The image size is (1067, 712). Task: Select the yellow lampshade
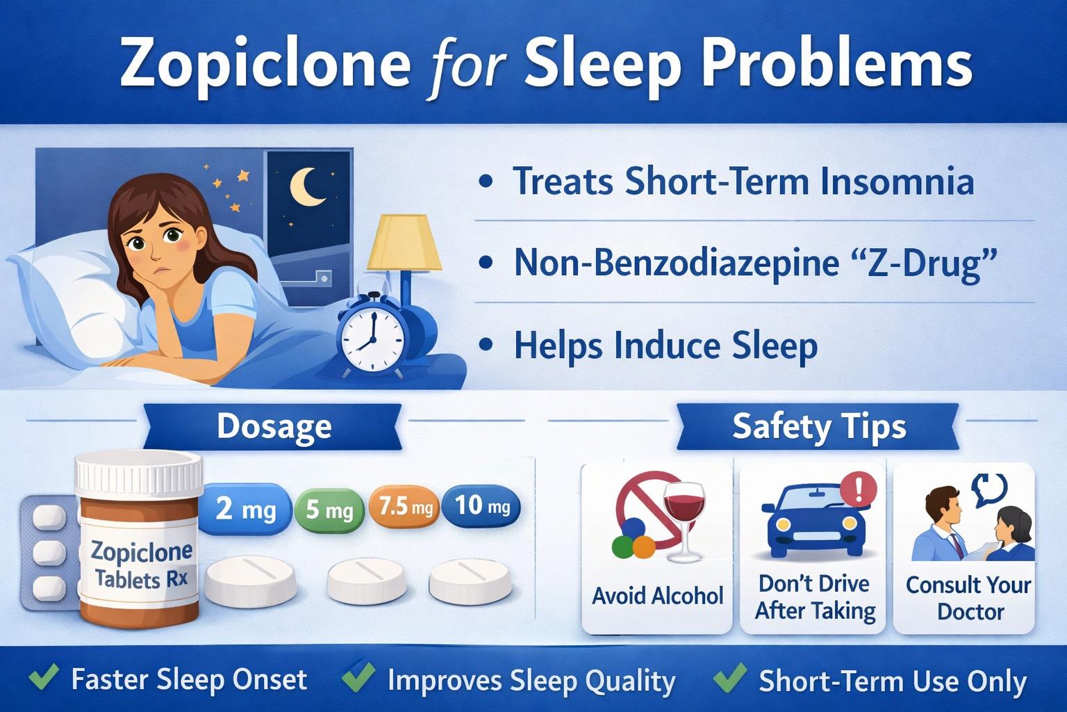point(404,242)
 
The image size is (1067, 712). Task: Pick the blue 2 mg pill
point(243,508)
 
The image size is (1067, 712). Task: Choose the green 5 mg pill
point(329,510)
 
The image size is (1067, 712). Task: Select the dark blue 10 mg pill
point(481,505)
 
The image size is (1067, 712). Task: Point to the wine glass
point(684,520)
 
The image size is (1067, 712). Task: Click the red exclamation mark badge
point(859,489)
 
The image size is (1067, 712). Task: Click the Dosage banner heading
point(274,426)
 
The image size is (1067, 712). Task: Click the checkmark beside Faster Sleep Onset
point(44,677)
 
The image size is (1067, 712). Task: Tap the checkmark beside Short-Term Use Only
point(730,677)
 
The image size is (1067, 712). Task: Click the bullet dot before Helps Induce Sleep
point(486,345)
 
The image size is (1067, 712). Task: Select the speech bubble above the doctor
point(990,489)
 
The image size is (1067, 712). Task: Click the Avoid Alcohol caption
point(657,596)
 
